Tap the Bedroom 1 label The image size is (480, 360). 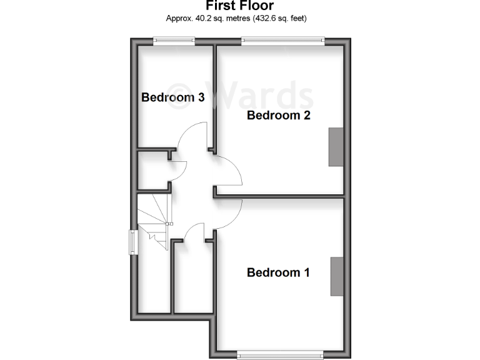pos(278,272)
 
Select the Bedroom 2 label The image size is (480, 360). pos(278,115)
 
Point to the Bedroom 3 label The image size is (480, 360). pos(173,97)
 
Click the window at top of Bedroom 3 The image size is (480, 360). pos(175,41)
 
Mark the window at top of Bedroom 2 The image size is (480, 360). pos(283,41)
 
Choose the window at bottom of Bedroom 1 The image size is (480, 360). pos(279,355)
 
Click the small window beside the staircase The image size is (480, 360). pos(133,242)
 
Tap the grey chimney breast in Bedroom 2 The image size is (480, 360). pos(336,147)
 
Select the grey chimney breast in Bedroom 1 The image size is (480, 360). pos(336,276)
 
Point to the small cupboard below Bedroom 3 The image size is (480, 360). pos(153,169)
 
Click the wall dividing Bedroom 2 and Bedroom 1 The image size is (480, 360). pos(279,197)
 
